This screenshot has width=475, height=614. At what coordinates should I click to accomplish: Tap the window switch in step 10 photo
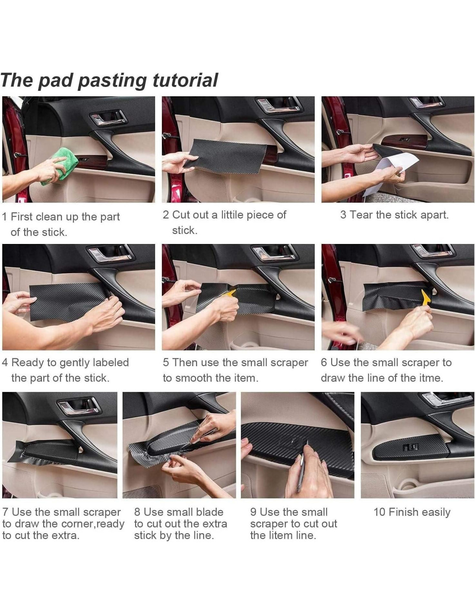point(410,447)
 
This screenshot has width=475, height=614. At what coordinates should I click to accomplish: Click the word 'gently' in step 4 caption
point(74,363)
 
